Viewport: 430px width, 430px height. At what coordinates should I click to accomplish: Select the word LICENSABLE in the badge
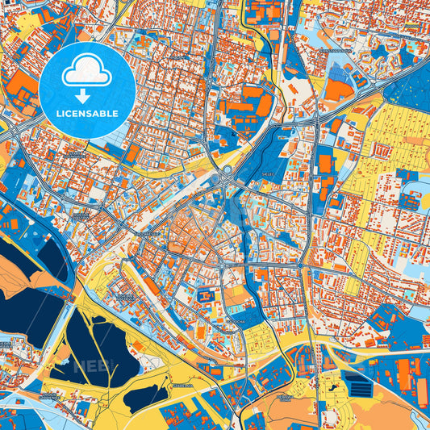[x=87, y=114]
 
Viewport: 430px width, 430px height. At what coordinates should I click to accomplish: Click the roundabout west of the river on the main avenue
[x=214, y=263]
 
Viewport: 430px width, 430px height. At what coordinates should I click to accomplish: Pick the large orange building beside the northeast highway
[x=339, y=89]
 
